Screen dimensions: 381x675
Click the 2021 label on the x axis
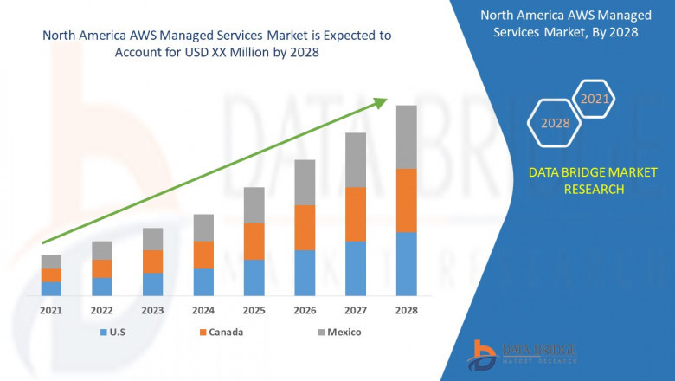pyautogui.click(x=51, y=310)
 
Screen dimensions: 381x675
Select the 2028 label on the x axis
pyautogui.click(x=406, y=310)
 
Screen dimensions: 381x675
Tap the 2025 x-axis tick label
pyautogui.click(x=254, y=310)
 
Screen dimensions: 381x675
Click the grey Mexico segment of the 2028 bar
pyautogui.click(x=406, y=137)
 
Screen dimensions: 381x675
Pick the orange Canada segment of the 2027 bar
pyautogui.click(x=355, y=214)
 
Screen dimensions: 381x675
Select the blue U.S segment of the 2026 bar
pyautogui.click(x=305, y=273)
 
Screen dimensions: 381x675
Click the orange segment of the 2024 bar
pyautogui.click(x=203, y=255)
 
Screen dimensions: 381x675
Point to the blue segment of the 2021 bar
pyautogui.click(x=51, y=288)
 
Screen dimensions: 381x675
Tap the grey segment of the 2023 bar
pyautogui.click(x=152, y=239)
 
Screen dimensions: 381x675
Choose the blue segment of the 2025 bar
pyautogui.click(x=254, y=277)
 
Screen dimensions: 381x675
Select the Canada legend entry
pyautogui.click(x=220, y=332)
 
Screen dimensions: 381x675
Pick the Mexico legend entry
pyautogui.click(x=337, y=332)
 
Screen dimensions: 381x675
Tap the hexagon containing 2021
pyautogui.click(x=595, y=100)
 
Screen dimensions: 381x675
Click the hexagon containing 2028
pyautogui.click(x=556, y=124)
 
